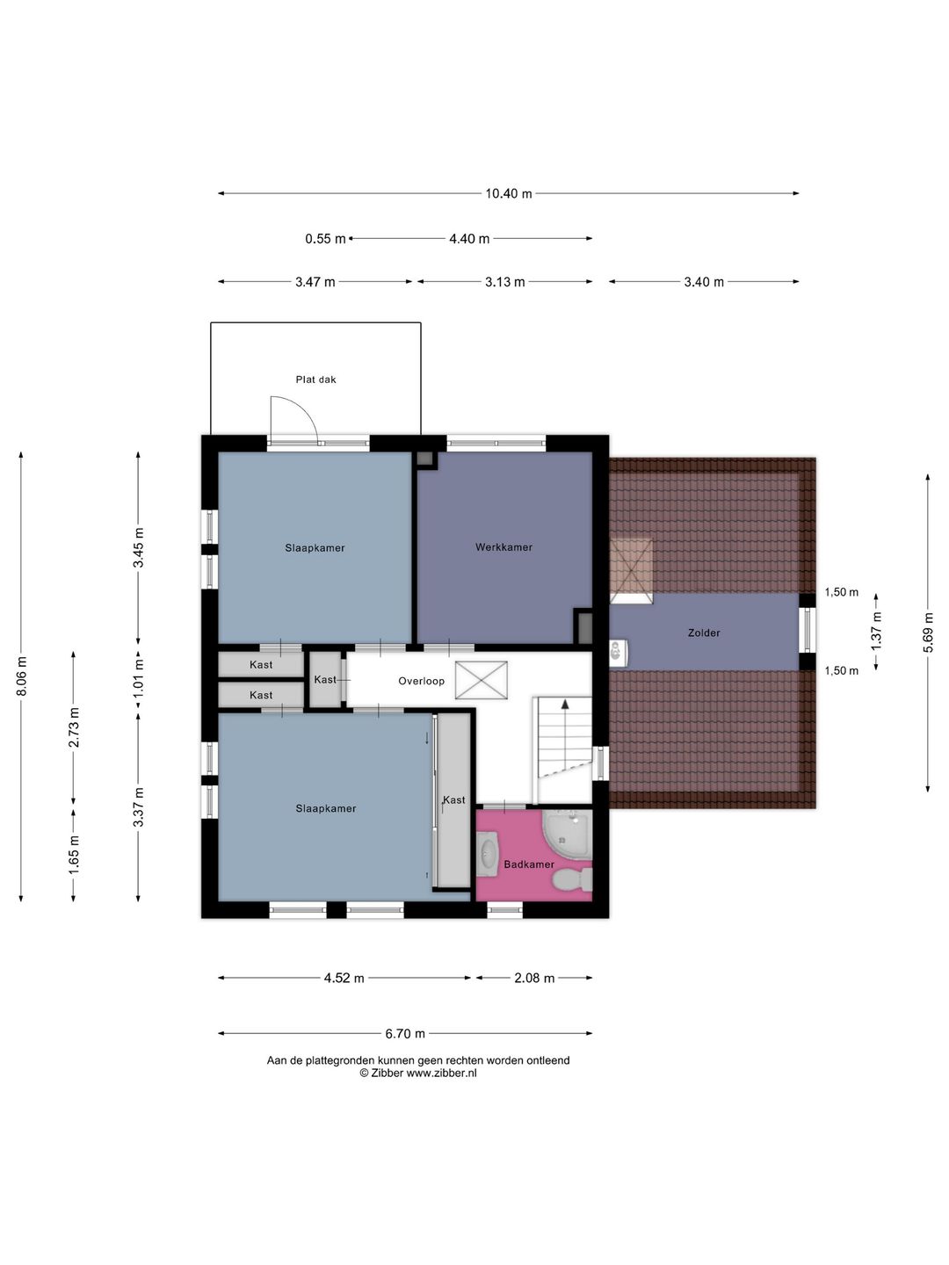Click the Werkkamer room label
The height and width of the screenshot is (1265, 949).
point(503,547)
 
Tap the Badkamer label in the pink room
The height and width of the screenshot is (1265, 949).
point(529,864)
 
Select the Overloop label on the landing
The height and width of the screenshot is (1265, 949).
point(421,681)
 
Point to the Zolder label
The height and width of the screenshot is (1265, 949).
point(704,632)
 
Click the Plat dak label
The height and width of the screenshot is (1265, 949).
point(315,379)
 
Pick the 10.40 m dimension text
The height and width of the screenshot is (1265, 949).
point(508,193)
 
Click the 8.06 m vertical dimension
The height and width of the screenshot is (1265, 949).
point(21,676)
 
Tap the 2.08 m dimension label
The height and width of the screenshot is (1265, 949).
point(534,978)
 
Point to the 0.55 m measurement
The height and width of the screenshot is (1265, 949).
point(325,239)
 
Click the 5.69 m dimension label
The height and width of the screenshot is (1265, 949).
point(927,632)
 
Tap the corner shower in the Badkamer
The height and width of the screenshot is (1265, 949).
point(567,835)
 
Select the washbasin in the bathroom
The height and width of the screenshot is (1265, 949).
point(488,854)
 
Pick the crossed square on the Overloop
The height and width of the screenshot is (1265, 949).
point(482,680)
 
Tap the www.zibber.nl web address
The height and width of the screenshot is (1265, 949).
point(441,1073)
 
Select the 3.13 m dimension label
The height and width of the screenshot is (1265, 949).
point(504,282)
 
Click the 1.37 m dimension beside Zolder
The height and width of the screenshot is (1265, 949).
point(876,631)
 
